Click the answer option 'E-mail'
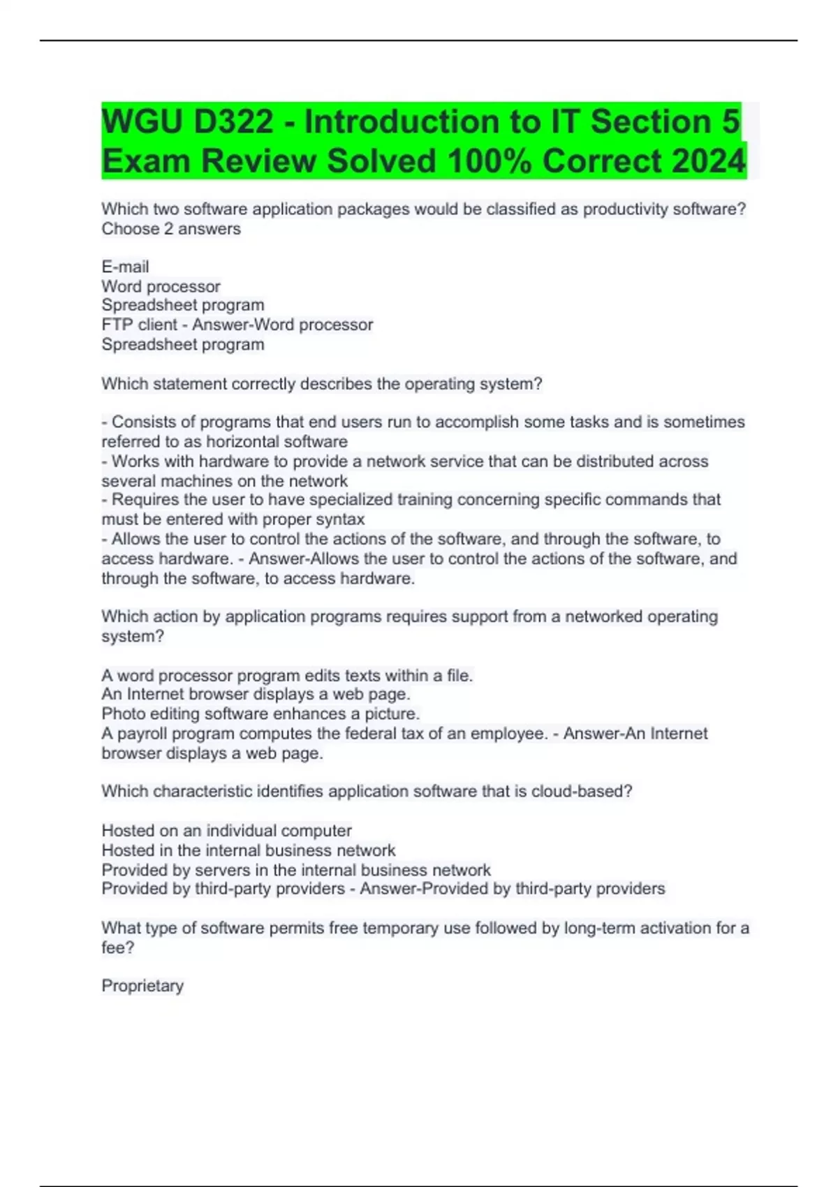coord(125,267)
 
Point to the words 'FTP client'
coord(139,325)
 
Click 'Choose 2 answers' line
coord(171,229)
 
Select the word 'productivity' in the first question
coord(626,209)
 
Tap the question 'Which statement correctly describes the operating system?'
coord(321,384)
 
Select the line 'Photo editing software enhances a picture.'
coord(260,714)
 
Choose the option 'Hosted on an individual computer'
coord(226,831)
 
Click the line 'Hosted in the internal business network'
coord(248,850)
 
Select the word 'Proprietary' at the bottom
coord(142,986)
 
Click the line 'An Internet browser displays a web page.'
coord(256,695)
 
